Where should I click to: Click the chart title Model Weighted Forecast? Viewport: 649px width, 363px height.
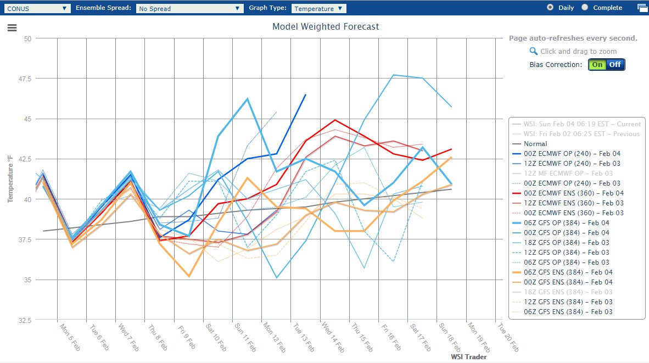coord(326,26)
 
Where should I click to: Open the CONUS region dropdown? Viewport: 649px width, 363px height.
coord(37,8)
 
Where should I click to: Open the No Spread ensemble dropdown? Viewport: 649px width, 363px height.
coord(189,8)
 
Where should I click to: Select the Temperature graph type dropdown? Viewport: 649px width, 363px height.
coord(319,8)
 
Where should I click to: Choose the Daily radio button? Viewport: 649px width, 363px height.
coord(550,8)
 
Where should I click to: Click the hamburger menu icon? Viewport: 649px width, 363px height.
coord(12,29)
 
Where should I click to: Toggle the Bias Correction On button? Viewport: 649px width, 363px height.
coord(597,65)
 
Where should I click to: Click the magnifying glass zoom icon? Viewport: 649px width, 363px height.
coord(533,51)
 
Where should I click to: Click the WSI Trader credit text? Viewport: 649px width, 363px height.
coord(468,357)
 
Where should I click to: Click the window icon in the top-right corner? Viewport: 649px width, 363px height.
coord(642,8)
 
